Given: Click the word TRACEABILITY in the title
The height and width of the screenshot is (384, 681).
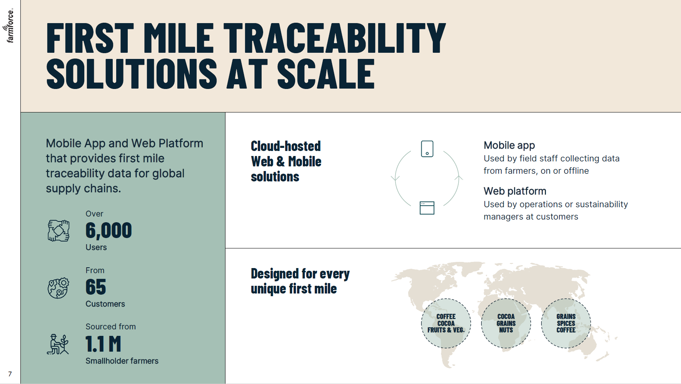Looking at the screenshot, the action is pyautogui.click(x=334, y=38).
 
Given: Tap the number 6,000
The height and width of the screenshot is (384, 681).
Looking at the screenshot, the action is pyautogui.click(x=108, y=230).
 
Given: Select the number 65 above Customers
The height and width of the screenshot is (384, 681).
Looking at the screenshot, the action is pyautogui.click(x=95, y=287).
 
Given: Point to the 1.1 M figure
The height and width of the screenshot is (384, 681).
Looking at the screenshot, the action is pyautogui.click(x=103, y=344).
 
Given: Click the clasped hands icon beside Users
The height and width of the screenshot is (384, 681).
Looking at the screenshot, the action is pyautogui.click(x=58, y=231).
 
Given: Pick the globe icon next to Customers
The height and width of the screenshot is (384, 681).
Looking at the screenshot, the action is pyautogui.click(x=58, y=288).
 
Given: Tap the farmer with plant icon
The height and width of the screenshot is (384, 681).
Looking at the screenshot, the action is pyautogui.click(x=58, y=344).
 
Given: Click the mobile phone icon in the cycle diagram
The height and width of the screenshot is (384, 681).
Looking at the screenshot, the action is pyautogui.click(x=427, y=149).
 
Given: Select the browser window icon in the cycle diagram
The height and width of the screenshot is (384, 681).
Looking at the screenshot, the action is pyautogui.click(x=427, y=208).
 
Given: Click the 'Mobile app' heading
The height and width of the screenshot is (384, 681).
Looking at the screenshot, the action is pyautogui.click(x=509, y=145).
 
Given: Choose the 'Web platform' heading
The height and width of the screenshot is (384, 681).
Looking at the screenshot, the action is pyautogui.click(x=515, y=191).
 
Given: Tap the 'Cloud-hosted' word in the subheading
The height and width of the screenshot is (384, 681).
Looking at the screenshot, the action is pyautogui.click(x=285, y=146).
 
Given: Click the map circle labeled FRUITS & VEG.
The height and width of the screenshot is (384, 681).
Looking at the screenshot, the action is pyautogui.click(x=446, y=324).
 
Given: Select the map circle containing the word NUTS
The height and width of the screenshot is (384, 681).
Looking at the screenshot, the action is pyautogui.click(x=506, y=324).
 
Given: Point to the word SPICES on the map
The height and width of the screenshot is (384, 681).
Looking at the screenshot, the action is pyautogui.click(x=566, y=324).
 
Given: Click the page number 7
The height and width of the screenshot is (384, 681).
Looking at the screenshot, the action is pyautogui.click(x=10, y=374).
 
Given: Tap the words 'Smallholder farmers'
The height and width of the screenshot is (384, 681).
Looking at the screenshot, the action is pyautogui.click(x=122, y=361).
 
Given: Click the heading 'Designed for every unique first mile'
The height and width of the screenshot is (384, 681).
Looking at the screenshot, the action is pyautogui.click(x=300, y=281).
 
